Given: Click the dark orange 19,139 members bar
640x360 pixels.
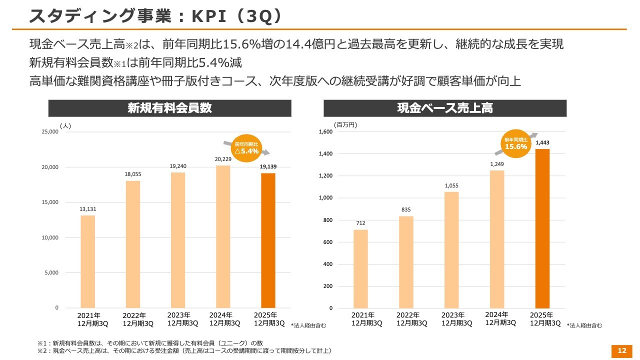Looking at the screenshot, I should coord(268,240).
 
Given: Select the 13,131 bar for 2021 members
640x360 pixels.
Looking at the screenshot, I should coord(87,261).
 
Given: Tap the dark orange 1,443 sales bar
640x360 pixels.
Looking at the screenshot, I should coord(542,228).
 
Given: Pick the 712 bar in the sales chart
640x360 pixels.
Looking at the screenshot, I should coord(360,268).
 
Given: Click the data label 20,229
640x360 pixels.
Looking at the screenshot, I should coord(223,159).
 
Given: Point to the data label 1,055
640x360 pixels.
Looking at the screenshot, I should coord(451,185).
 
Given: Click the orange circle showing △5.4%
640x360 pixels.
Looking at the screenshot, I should coord(246,148).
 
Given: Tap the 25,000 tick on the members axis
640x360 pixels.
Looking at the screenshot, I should coord(50,131).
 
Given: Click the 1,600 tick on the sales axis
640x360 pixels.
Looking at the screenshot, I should coord(325,132).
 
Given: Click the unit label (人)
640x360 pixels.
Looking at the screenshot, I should coord(65,126).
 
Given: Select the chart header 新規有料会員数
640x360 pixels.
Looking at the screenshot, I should coord(170,108).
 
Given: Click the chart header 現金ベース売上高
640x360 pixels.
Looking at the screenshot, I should coord(445,108).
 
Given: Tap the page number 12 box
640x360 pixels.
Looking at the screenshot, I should coord(622,351).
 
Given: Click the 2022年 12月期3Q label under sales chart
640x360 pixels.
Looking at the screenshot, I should coord(411,319).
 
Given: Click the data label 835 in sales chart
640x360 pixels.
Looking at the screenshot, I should coord(405,209).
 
